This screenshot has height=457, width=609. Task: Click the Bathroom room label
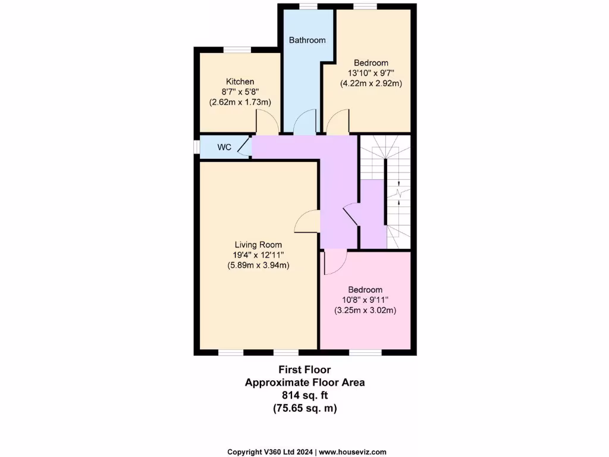click(307, 40)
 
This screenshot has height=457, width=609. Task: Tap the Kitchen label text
click(240, 82)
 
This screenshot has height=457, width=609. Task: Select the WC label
click(224, 147)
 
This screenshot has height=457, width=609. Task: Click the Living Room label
click(258, 245)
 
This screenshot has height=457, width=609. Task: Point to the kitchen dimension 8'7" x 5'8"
click(240, 92)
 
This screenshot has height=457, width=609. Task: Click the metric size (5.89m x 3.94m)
click(258, 265)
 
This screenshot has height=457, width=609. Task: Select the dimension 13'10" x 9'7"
click(371, 73)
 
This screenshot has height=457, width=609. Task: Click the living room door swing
click(306, 222)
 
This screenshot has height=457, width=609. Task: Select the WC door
click(244, 147)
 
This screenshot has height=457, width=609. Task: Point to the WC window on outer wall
click(197, 147)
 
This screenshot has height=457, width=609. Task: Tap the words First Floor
click(304, 370)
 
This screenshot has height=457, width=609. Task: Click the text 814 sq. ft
click(304, 395)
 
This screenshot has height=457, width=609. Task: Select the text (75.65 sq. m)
click(304, 408)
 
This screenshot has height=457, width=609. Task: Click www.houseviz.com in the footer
click(353, 452)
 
